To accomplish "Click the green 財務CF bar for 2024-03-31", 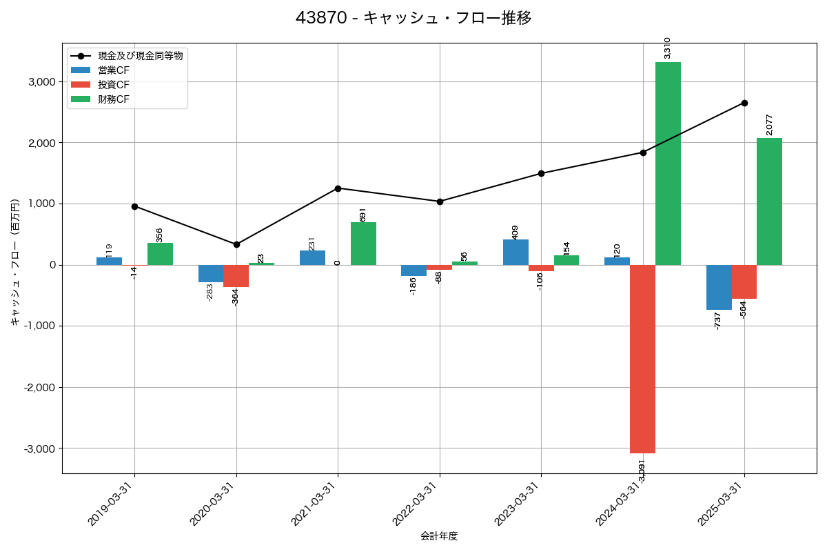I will (x=668, y=164).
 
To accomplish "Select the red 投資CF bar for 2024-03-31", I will (x=642, y=359).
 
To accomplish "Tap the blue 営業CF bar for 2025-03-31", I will (x=719, y=287).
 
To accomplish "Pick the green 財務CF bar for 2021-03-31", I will (x=363, y=244).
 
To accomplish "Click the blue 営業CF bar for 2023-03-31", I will (x=515, y=253).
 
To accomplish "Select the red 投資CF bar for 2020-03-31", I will (x=236, y=276).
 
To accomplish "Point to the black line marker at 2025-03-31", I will (x=744, y=103).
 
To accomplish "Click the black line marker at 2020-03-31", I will (x=236, y=244).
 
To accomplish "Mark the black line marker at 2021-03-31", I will (x=338, y=188).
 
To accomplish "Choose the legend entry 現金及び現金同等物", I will (x=140, y=56).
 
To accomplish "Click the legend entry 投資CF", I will (x=114, y=85).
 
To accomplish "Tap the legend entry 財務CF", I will (x=114, y=99).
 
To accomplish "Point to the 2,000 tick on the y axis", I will (x=41, y=143).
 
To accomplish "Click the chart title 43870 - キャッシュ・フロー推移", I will (x=413, y=18).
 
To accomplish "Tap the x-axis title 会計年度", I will (x=439, y=536).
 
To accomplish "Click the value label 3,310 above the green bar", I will (x=667, y=48).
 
